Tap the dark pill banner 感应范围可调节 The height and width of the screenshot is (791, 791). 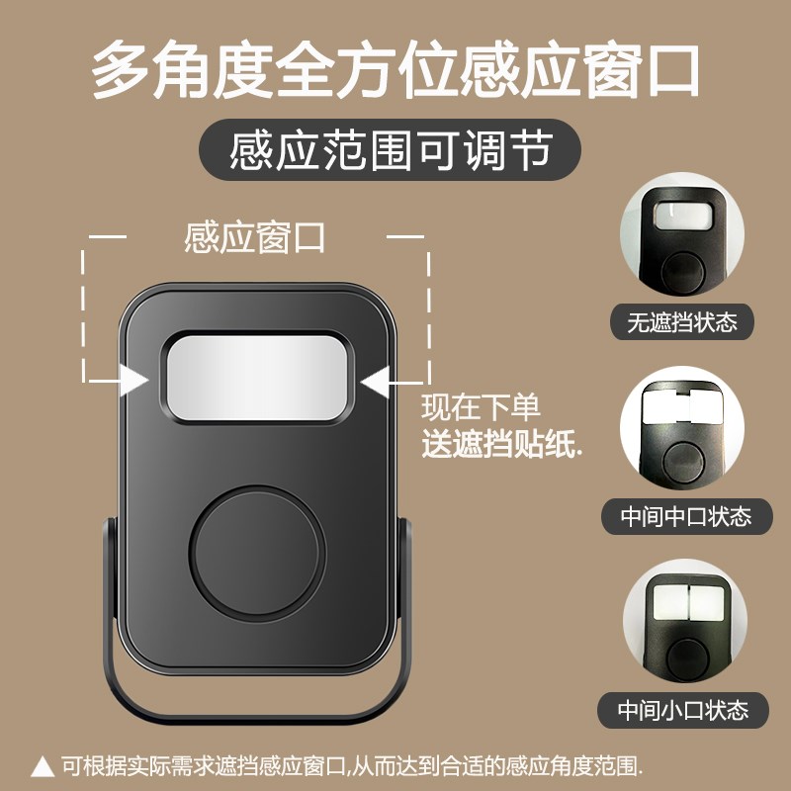[x=390, y=152]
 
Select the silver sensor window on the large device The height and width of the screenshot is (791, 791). [x=256, y=377]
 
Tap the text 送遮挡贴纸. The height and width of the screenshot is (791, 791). [x=501, y=445]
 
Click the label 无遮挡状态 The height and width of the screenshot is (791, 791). [x=682, y=322]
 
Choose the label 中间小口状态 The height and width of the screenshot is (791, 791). [x=683, y=709]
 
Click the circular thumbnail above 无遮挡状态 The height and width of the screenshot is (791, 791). [x=681, y=237]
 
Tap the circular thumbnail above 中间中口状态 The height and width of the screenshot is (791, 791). [x=681, y=431]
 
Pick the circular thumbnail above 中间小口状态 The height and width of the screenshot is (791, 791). [x=681, y=624]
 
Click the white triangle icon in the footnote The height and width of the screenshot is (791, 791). [x=44, y=764]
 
